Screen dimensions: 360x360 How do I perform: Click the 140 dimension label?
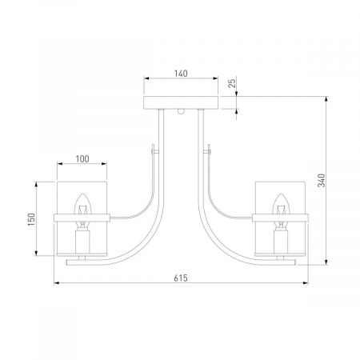pyautogui.click(x=181, y=74)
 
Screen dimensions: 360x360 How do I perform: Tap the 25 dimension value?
pyautogui.click(x=233, y=83)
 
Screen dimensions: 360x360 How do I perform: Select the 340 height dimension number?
pyautogui.click(x=322, y=180)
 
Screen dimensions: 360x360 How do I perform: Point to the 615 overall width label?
pyautogui.click(x=181, y=278)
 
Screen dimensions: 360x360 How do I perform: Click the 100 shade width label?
pyautogui.click(x=82, y=159)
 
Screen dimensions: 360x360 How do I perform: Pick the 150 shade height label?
pyautogui.click(x=31, y=219)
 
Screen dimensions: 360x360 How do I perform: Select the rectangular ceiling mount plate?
pyautogui.click(x=181, y=102)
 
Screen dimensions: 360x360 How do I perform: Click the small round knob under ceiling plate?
pyautogui.click(x=181, y=111)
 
